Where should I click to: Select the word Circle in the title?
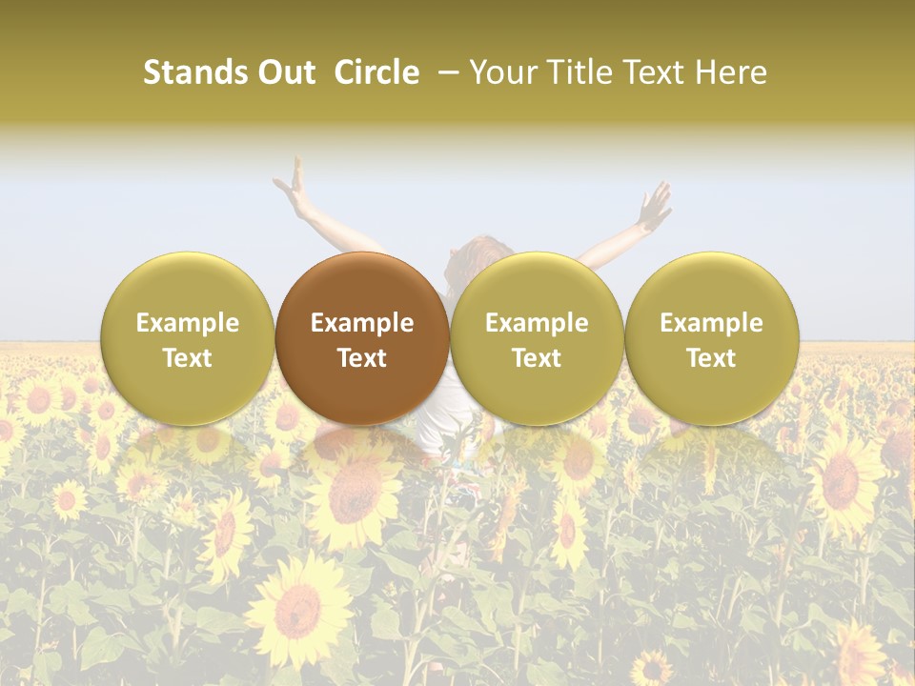376,72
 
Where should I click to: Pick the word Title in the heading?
580,72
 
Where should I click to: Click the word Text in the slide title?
655,72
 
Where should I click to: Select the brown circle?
362,338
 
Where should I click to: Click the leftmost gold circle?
188,338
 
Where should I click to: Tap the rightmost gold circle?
711,338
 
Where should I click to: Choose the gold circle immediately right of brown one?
537,338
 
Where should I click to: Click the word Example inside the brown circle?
362,323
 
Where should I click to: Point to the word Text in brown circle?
362,358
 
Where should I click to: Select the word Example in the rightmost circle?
711,323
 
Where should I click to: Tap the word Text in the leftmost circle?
188,358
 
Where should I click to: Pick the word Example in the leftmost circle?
188,323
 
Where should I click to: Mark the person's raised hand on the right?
657,206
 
